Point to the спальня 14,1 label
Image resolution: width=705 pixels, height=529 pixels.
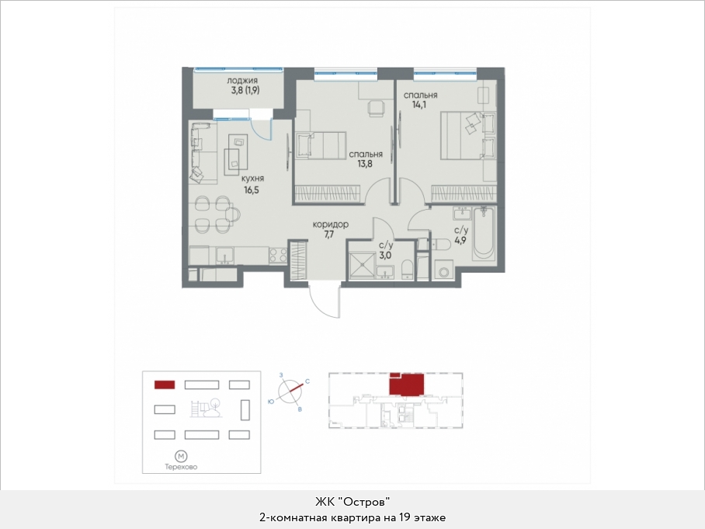(x=420, y=100)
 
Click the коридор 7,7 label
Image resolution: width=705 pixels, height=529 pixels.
(x=330, y=229)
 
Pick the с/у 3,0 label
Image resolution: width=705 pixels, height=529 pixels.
(x=386, y=249)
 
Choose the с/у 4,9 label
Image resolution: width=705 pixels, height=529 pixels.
(x=461, y=235)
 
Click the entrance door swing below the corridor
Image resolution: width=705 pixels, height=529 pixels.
(x=325, y=301)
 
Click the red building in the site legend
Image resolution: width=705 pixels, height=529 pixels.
(x=165, y=385)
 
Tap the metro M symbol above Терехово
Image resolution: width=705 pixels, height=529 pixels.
(x=181, y=456)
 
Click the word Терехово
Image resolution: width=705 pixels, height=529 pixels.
(x=181, y=468)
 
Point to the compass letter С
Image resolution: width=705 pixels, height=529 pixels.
(x=307, y=381)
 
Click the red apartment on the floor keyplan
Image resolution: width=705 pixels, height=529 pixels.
(x=406, y=385)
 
